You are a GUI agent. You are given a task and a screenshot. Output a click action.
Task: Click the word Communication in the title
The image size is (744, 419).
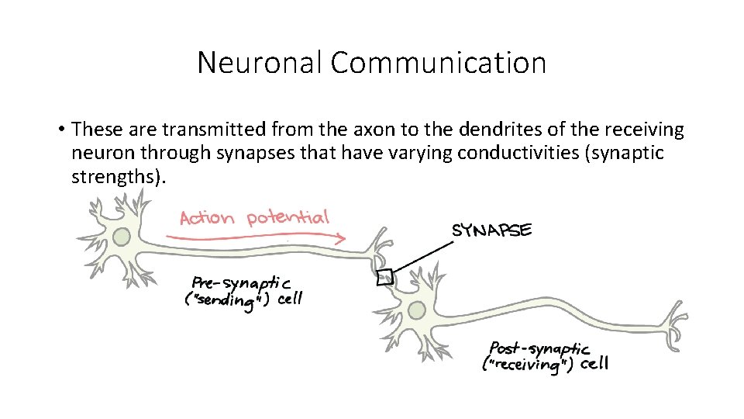[x=439, y=63]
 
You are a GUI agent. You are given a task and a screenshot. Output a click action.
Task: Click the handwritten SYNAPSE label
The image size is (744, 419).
[x=492, y=230]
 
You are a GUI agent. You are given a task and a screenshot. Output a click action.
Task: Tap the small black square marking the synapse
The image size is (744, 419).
[x=384, y=277]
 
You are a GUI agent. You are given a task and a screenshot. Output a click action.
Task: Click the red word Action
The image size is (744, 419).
[x=206, y=217]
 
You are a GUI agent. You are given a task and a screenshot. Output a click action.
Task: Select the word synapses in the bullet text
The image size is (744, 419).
[x=261, y=152]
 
